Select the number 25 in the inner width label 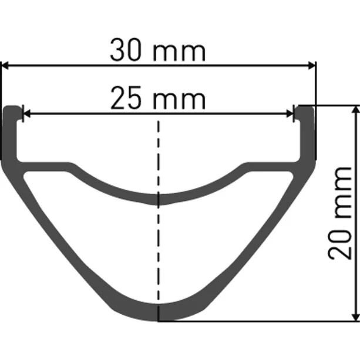point(126,99)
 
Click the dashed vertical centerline point(158,247)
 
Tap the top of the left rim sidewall point(11,109)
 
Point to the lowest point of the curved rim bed point(158,199)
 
